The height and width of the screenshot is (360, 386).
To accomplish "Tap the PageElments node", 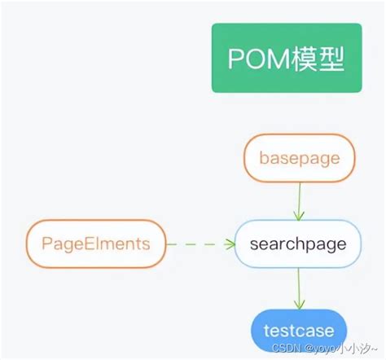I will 96,243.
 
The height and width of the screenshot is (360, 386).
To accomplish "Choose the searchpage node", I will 297,244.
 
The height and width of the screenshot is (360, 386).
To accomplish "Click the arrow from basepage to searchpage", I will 300,200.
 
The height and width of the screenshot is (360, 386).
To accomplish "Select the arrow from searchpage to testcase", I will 299,288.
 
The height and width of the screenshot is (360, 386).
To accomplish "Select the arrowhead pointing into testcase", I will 299,304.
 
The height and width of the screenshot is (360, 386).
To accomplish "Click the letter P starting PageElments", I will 46,243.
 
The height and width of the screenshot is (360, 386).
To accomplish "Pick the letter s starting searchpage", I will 254,244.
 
